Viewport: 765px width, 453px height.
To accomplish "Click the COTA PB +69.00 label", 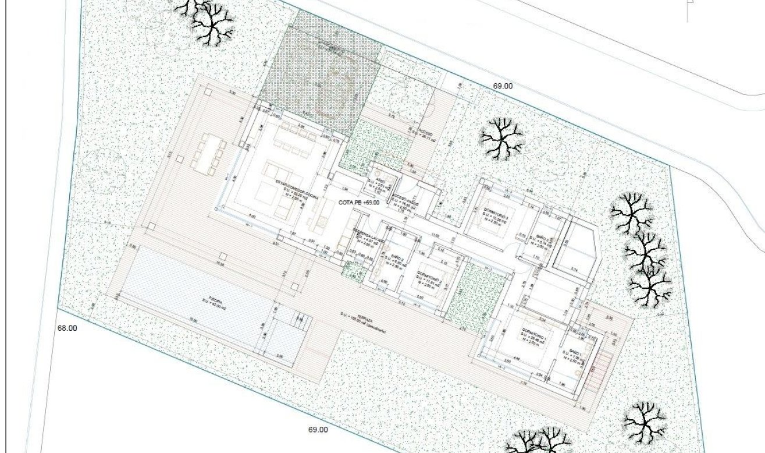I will [359, 202].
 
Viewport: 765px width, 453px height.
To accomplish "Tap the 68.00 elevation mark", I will [67, 328].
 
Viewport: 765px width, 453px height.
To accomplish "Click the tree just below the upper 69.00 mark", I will [501, 138].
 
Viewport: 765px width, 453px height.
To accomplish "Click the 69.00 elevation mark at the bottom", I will [318, 430].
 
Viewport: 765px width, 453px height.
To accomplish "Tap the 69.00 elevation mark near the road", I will [503, 86].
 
